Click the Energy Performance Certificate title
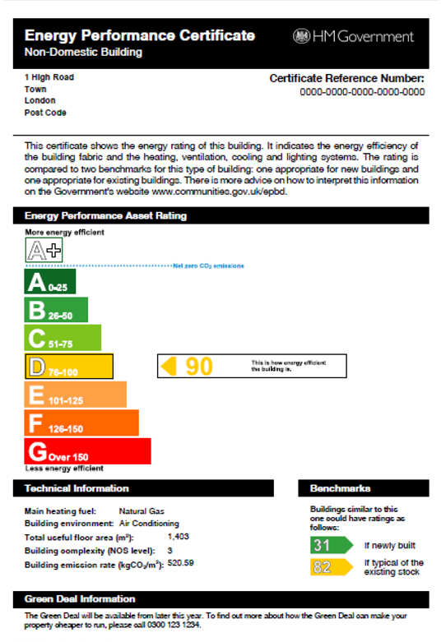tap(140, 35)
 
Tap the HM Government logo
tap(353, 36)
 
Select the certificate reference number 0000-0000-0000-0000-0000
tap(362, 92)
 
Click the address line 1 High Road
tap(49, 77)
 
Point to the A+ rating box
tap(44, 251)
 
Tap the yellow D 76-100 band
tap(69, 366)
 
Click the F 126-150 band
tap(81, 423)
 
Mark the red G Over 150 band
tap(88, 451)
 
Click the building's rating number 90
tap(198, 366)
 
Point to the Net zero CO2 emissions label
tap(208, 266)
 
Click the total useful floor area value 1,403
tap(179, 536)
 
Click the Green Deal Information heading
tap(80, 598)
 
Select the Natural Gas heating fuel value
tap(139, 510)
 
